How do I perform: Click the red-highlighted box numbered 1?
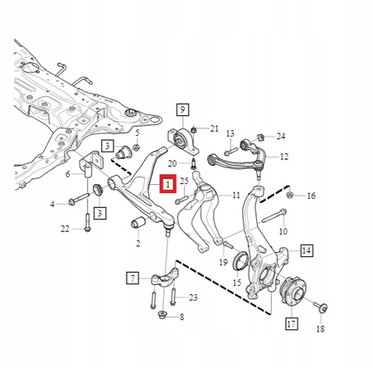(x=168, y=184)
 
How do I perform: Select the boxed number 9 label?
(x=182, y=109)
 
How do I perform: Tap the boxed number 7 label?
(x=133, y=278)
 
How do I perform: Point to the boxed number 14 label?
(x=307, y=250)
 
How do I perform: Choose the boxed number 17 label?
(x=292, y=323)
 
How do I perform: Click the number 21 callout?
(x=214, y=128)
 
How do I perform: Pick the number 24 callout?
(x=281, y=136)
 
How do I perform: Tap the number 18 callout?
(x=320, y=329)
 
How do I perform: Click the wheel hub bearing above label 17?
(x=293, y=292)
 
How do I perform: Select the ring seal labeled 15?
(x=241, y=260)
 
